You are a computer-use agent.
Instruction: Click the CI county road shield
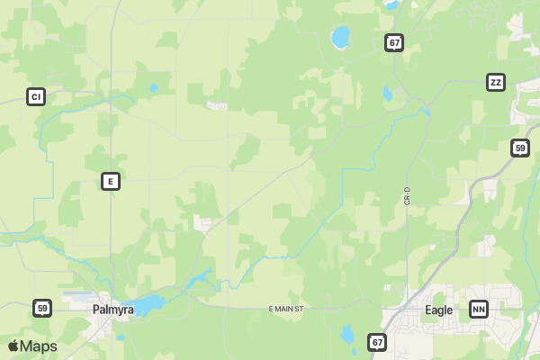tap(36, 96)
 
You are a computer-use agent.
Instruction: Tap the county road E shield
tap(110, 181)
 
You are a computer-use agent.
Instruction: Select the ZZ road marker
tap(495, 83)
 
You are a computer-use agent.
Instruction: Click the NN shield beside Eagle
tap(479, 310)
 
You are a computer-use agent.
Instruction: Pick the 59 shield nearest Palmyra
tap(42, 309)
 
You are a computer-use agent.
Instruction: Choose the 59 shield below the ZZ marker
tap(519, 148)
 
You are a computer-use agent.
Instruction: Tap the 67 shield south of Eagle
tap(377, 342)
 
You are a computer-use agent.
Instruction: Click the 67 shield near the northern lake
tap(394, 42)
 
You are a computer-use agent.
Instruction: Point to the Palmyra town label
tap(113, 310)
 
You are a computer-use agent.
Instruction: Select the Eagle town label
tap(439, 310)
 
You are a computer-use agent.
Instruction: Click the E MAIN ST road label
tap(288, 309)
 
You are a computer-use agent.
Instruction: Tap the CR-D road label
tap(407, 195)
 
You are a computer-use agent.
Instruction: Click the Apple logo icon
tap(13, 346)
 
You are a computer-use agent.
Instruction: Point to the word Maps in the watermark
tap(39, 346)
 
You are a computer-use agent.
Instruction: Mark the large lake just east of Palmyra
tap(148, 304)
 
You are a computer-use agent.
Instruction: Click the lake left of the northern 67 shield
tap(340, 37)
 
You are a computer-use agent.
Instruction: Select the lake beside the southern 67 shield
tap(347, 336)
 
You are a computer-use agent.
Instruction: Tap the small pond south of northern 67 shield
tap(387, 93)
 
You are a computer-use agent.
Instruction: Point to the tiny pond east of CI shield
tap(153, 88)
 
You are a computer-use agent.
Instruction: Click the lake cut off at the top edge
tap(391, 4)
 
